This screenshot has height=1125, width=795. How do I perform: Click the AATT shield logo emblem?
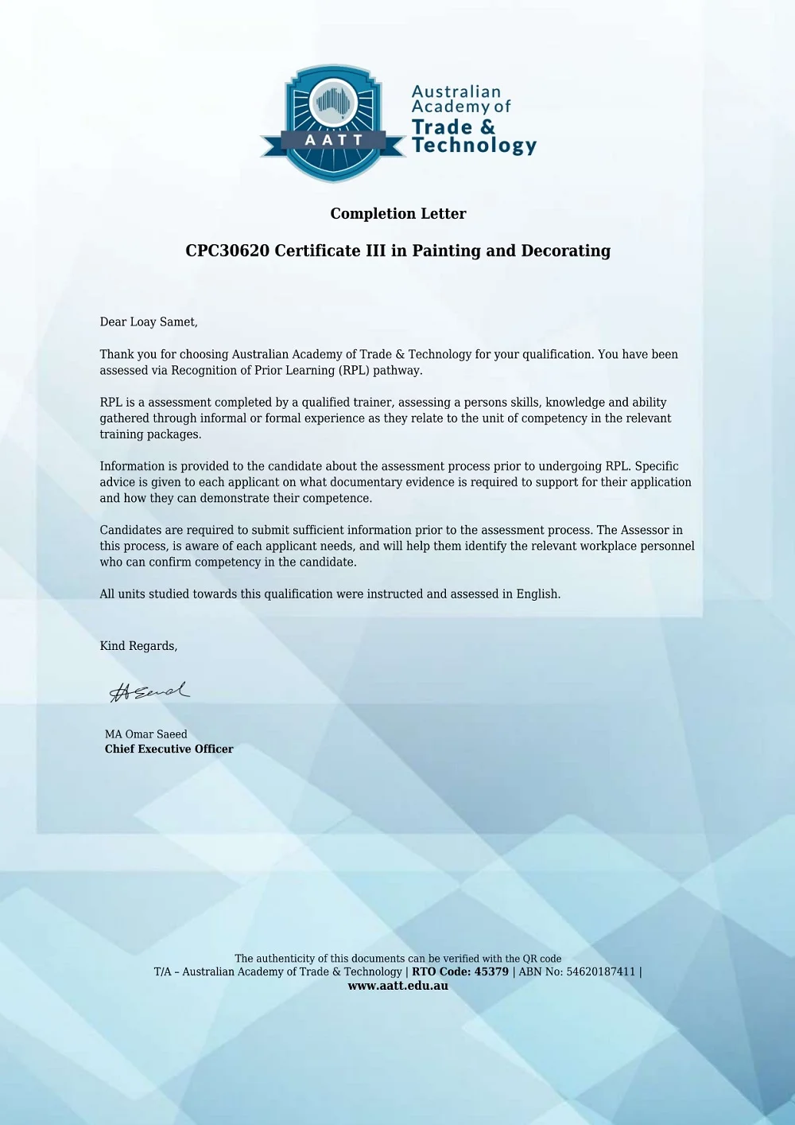[334, 123]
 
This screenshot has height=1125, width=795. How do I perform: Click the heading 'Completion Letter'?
[398, 213]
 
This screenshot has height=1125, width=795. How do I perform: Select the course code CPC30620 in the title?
[227, 251]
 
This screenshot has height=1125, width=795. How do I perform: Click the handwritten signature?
[149, 691]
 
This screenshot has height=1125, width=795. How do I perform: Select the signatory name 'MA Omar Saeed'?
[146, 734]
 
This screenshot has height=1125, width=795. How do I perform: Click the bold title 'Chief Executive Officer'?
[169, 749]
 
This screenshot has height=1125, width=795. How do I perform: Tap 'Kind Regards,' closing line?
[139, 646]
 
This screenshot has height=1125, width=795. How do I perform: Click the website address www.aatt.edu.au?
[398, 986]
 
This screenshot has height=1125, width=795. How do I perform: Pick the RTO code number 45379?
[491, 971]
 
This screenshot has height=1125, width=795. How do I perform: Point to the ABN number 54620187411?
[601, 971]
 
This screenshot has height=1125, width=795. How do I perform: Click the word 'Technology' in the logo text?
[475, 146]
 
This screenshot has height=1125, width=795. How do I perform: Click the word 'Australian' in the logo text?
[456, 91]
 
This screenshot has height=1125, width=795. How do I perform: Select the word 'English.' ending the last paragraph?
[538, 594]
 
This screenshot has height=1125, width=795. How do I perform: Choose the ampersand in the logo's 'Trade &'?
[487, 127]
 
